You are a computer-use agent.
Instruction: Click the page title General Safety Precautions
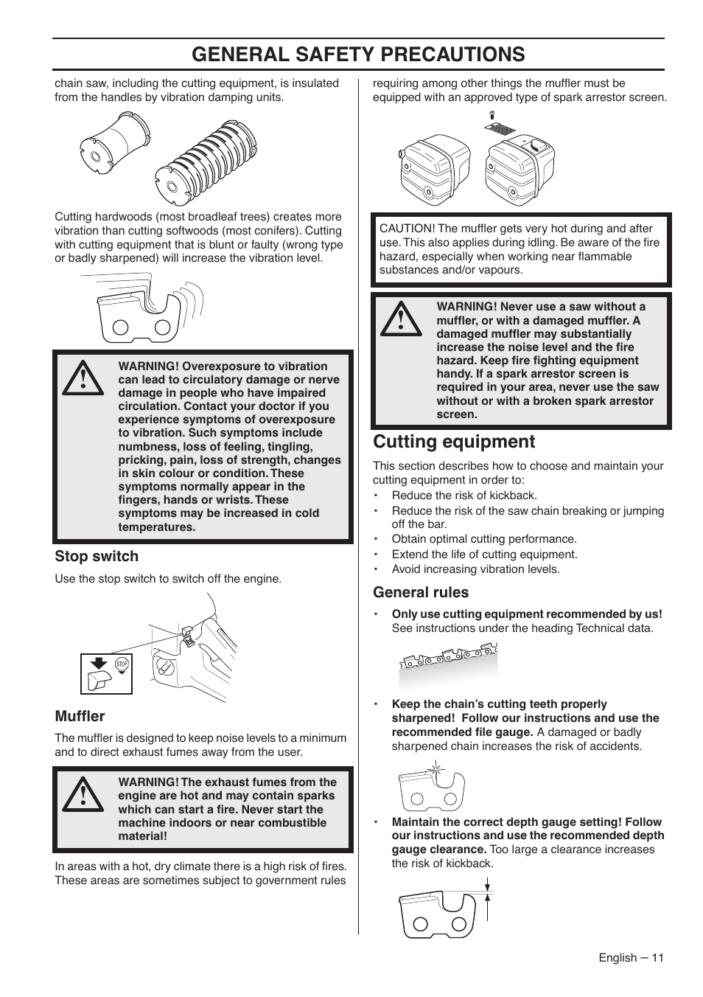coord(358,54)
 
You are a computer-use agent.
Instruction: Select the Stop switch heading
coord(97,556)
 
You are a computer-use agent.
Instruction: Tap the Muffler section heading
coord(80,716)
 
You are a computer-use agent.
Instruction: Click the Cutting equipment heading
coord(454,442)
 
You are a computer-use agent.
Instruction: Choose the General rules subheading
coord(421,592)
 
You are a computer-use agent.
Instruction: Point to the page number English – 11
coord(631,957)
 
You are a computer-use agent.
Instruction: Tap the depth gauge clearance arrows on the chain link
coord(488,904)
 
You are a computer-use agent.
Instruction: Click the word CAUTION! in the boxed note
coord(407,229)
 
